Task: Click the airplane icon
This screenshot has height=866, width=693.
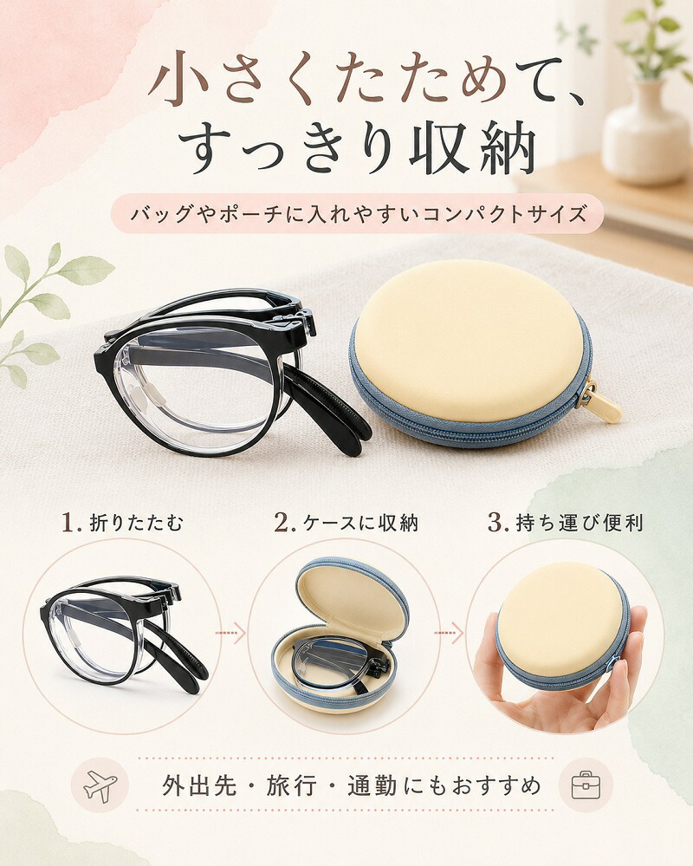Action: click(100, 785)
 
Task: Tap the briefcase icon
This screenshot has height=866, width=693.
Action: click(586, 785)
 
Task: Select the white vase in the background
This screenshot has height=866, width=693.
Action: click(644, 132)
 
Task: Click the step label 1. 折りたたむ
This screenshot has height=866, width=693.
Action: click(121, 523)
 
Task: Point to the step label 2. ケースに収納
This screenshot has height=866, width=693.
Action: click(346, 523)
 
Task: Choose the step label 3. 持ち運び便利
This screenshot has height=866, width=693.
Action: click(566, 523)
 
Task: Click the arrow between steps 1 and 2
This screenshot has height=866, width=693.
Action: click(230, 632)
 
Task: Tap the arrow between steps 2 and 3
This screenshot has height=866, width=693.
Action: click(449, 632)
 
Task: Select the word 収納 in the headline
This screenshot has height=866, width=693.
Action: click(473, 149)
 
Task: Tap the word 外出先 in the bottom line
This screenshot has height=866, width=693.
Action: click(199, 785)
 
